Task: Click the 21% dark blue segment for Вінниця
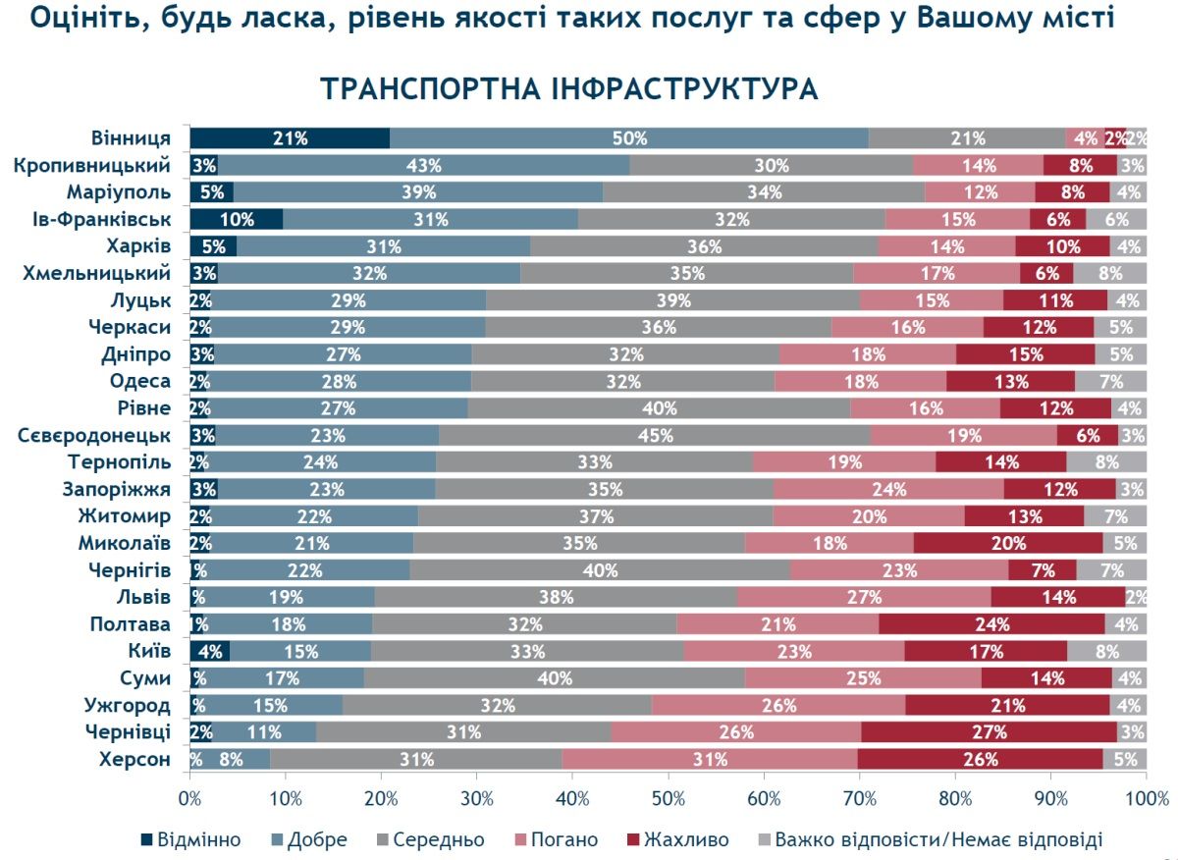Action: pos(290,138)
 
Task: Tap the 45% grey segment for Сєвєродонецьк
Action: pos(654,435)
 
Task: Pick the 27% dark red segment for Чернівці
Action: pos(989,732)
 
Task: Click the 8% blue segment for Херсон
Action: pos(232,759)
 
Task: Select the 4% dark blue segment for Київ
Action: pos(209,651)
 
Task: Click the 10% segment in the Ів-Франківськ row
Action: pos(237,219)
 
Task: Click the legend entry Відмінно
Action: pos(192,839)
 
